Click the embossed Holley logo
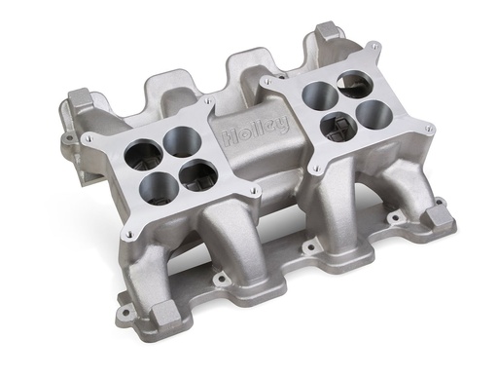[255, 128]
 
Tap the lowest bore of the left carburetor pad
[198, 175]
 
